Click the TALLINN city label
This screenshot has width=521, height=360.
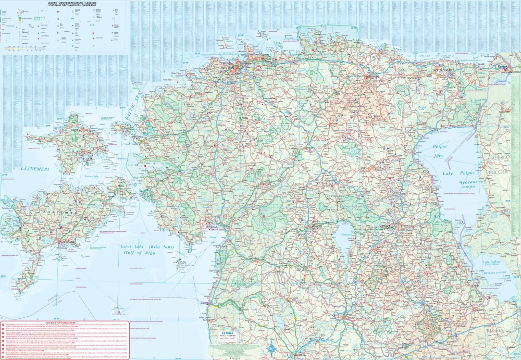pos(228,68)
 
